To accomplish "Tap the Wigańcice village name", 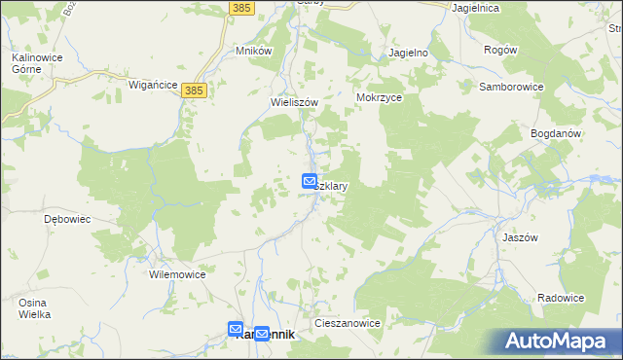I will (x=153, y=85).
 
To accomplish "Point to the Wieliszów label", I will (x=294, y=100).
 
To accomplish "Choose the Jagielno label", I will (x=409, y=53).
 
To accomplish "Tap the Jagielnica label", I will (x=476, y=8).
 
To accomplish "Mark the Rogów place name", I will (x=499, y=50).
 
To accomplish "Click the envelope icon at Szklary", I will (x=310, y=181).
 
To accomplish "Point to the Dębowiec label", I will (x=67, y=219).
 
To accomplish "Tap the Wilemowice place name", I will (x=177, y=274).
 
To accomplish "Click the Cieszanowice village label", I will (x=347, y=321).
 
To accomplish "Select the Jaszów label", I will (x=549, y=236).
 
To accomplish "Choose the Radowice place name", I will (x=561, y=298).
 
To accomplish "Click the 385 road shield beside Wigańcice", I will (x=194, y=90).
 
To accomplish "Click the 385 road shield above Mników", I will (x=243, y=8).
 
